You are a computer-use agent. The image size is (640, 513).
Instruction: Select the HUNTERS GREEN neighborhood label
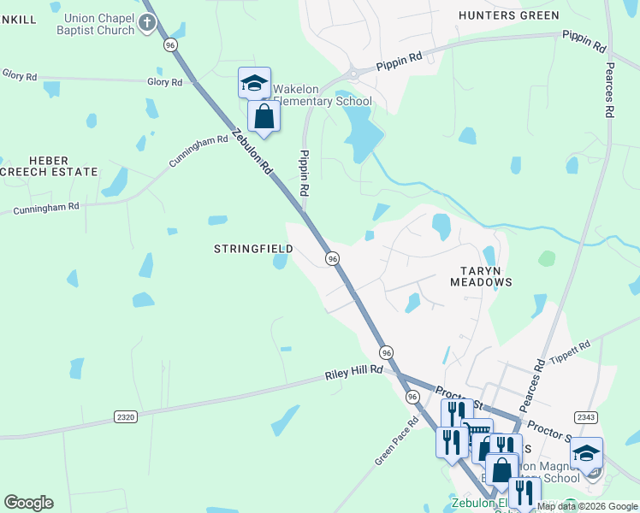click(x=508, y=15)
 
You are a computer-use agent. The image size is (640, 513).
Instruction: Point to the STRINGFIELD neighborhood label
click(x=252, y=249)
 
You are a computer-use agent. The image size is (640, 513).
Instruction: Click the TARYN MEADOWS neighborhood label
click(x=481, y=274)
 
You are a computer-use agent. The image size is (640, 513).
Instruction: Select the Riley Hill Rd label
click(x=353, y=374)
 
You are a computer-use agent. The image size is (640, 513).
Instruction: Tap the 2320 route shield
click(x=125, y=416)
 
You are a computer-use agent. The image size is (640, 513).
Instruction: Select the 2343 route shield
click(x=586, y=417)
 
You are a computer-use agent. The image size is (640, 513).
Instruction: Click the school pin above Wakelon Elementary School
click(x=254, y=83)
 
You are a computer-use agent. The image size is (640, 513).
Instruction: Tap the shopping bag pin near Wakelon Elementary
click(x=264, y=117)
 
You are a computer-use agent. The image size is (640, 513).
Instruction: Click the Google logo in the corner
click(x=28, y=503)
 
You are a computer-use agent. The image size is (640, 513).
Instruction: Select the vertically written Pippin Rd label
click(x=303, y=174)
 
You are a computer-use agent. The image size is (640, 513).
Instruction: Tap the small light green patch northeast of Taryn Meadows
click(x=546, y=257)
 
